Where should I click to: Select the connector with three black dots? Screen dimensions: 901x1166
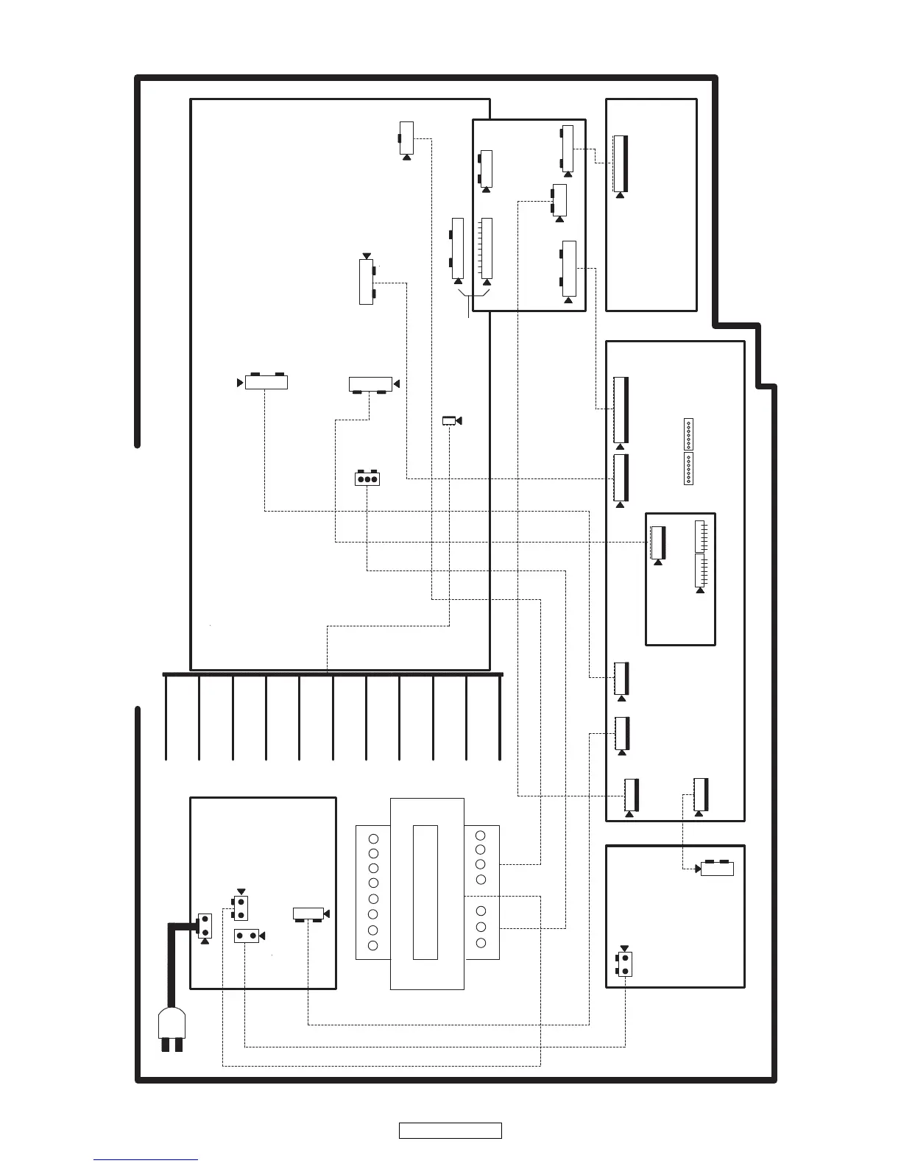coord(367,479)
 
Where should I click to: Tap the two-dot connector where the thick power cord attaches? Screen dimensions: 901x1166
coord(205,925)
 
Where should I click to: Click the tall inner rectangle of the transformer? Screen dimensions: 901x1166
coord(425,892)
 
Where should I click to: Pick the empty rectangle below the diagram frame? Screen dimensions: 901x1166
coord(450,1131)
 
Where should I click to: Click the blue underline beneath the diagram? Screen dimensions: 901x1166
coord(146,1160)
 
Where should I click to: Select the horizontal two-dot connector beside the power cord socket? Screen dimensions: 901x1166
coord(247,936)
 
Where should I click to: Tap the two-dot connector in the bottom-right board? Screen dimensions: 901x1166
coord(625,963)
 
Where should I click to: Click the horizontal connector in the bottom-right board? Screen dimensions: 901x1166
coord(717,869)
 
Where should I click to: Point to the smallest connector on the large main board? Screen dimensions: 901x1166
coord(449,420)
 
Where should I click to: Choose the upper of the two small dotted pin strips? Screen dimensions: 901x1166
coord(688,434)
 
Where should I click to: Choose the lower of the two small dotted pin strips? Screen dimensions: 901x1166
coord(688,469)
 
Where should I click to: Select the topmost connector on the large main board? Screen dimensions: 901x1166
coord(406,138)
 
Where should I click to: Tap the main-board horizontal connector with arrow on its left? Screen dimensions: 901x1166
coord(266,382)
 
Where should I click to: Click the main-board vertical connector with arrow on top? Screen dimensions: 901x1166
coord(366,282)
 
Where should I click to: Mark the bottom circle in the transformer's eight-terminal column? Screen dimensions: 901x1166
coord(373,945)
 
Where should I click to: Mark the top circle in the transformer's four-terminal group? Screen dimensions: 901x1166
coord(481,835)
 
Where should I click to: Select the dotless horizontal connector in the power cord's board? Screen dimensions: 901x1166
coord(308,914)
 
